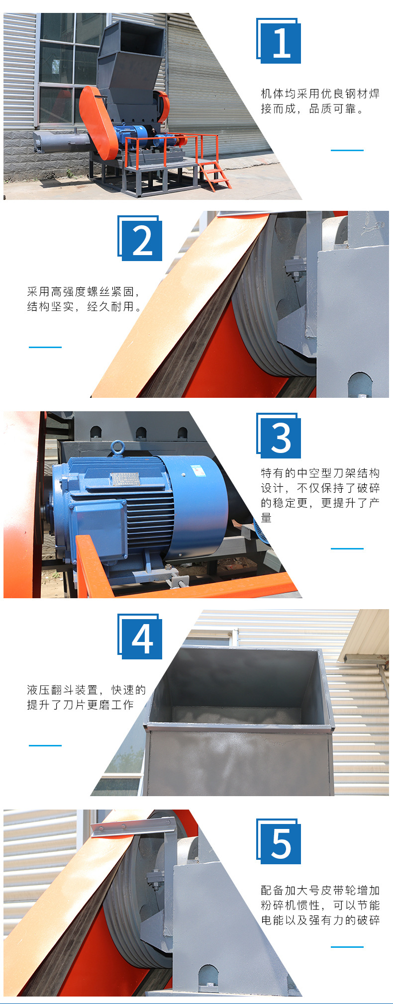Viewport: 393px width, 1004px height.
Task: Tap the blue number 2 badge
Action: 140,238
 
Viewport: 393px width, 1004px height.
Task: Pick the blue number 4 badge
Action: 140,637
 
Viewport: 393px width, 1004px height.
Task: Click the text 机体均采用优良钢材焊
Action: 320,93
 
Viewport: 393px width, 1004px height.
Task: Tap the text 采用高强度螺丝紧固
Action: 82,292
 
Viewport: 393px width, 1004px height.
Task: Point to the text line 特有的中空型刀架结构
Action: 320,473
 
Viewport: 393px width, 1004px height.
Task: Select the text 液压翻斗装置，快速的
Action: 87,690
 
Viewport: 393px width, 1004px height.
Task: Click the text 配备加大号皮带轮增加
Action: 320,890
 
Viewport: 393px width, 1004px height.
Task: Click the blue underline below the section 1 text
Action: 347,150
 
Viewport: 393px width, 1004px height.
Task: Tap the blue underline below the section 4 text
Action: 45,745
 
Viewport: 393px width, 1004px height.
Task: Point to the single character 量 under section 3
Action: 266,518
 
